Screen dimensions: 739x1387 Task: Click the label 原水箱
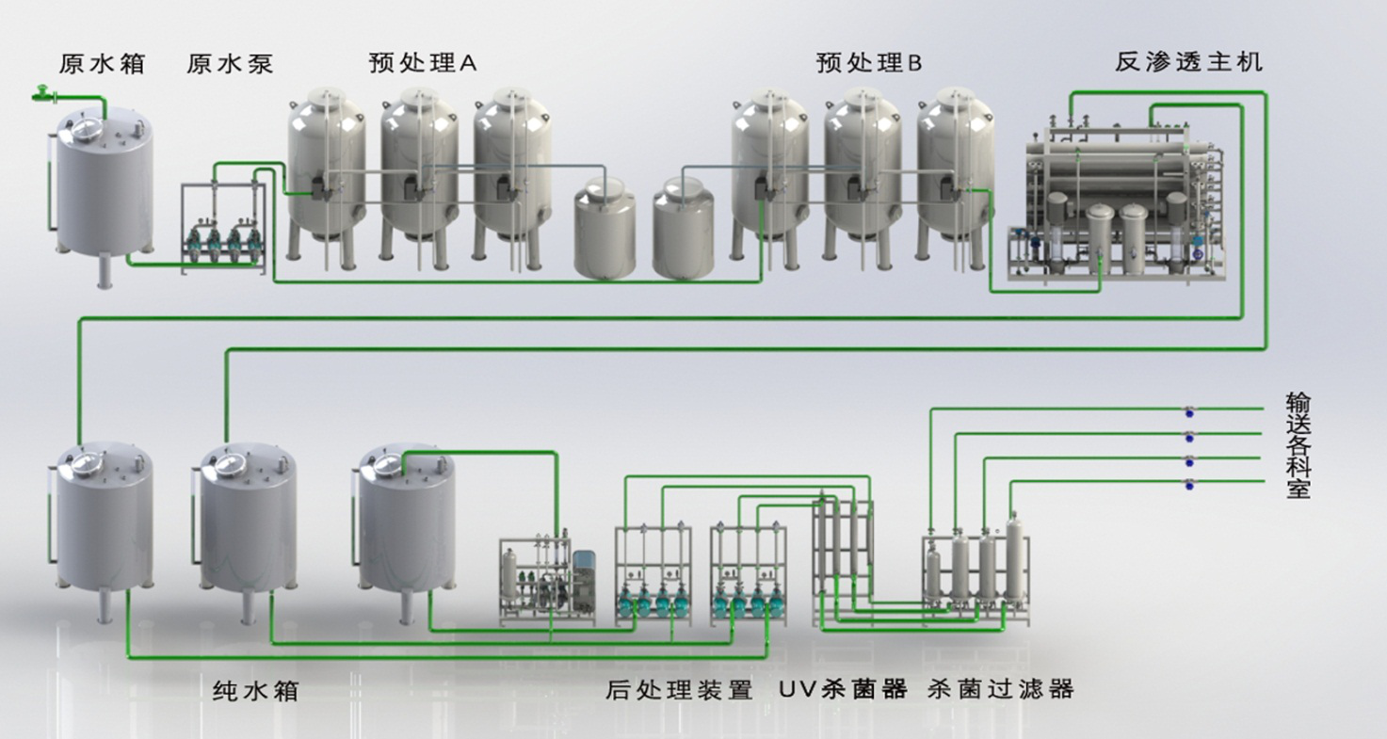(x=102, y=64)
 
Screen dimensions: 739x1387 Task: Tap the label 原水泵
(x=231, y=64)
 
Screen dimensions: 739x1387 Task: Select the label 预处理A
(x=424, y=63)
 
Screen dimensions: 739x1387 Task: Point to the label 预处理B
(x=869, y=63)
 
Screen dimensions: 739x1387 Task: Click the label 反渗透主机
(x=1188, y=63)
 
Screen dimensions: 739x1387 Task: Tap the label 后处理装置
(x=680, y=690)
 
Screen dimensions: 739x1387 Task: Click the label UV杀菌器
(x=843, y=689)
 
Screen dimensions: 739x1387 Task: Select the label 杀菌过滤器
(x=1000, y=690)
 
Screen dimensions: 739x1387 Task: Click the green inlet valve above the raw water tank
(x=41, y=92)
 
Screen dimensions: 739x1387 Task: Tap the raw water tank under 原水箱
(x=104, y=188)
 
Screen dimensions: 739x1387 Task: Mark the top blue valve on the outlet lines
(x=1189, y=410)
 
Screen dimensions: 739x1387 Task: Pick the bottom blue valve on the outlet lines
(x=1189, y=484)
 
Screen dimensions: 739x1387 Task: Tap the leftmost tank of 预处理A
(x=326, y=169)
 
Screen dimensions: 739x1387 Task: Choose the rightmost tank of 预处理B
(x=955, y=169)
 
